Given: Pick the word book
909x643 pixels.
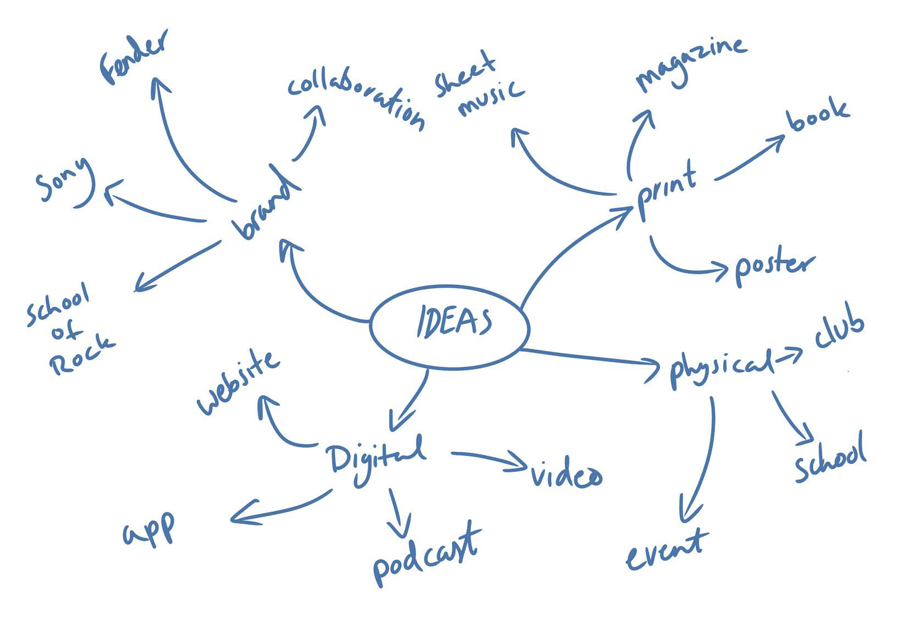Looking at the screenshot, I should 818,114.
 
